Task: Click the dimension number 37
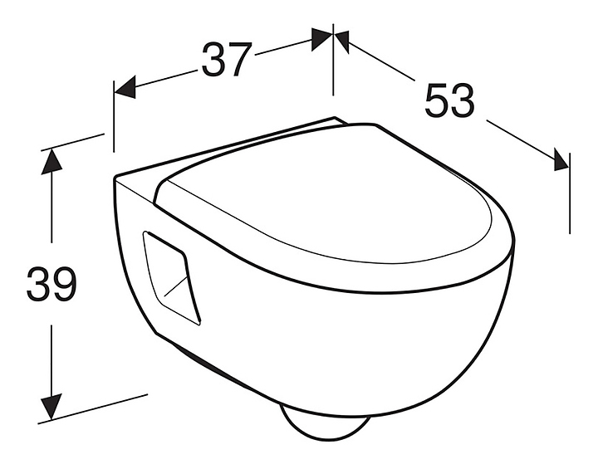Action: [x=226, y=60]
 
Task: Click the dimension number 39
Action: [x=51, y=285]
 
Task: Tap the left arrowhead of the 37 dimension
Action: [x=124, y=87]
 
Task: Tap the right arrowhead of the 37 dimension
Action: [x=322, y=38]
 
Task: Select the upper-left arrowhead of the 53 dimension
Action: [x=341, y=38]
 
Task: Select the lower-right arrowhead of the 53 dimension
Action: [x=561, y=160]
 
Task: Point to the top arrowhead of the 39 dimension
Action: [x=51, y=159]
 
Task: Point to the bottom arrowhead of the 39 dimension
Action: [x=51, y=407]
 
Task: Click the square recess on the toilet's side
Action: [x=172, y=276]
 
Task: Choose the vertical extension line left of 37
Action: [x=114, y=116]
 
